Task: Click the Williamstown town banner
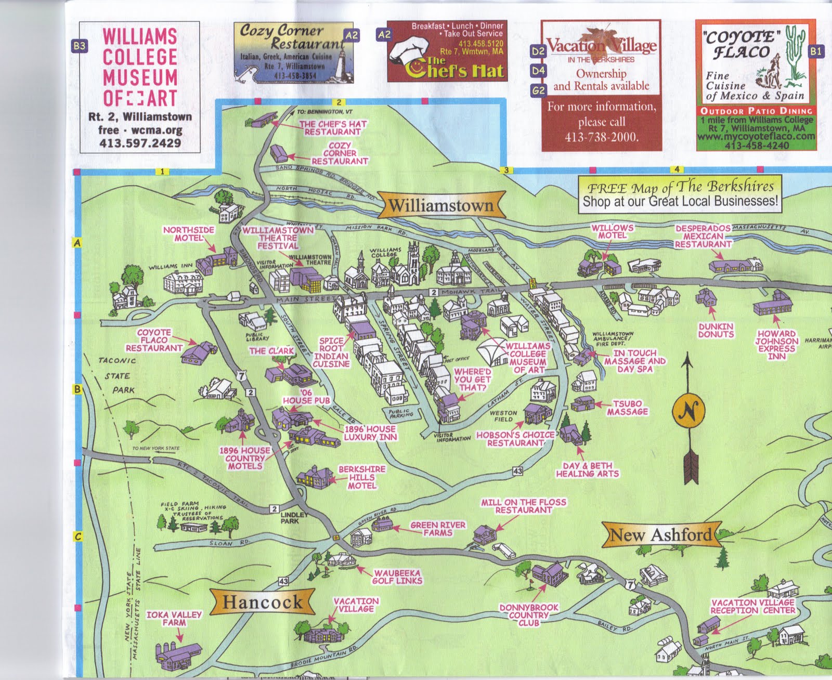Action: pyautogui.click(x=441, y=205)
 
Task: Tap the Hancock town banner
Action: pyautogui.click(x=262, y=602)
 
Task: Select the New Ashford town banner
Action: pyautogui.click(x=661, y=534)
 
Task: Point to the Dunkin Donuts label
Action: pyautogui.click(x=716, y=330)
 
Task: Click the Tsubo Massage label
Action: pyautogui.click(x=627, y=408)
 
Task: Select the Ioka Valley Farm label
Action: pyautogui.click(x=174, y=618)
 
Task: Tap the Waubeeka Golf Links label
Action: pyautogui.click(x=397, y=577)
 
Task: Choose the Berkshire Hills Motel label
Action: pyautogui.click(x=362, y=477)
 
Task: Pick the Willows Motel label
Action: pyautogui.click(x=612, y=231)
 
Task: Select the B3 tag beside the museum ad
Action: pyautogui.click(x=79, y=46)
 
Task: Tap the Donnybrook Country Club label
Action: pyautogui.click(x=528, y=614)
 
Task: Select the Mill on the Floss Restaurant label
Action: pyautogui.click(x=523, y=506)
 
